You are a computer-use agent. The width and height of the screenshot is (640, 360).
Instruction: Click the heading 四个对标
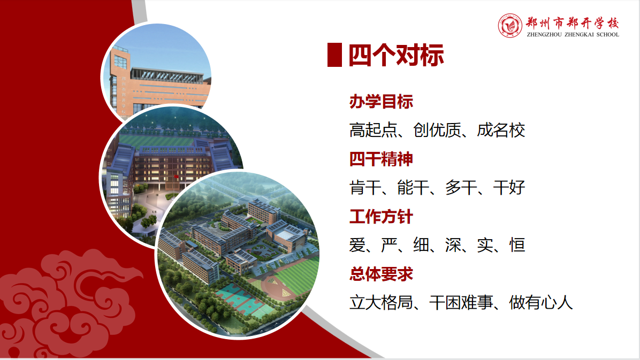(396, 55)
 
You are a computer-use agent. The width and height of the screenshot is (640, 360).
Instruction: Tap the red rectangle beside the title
(334, 55)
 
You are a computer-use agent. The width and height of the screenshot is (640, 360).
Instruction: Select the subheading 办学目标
(381, 102)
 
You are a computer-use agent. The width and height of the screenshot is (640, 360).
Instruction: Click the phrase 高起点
(373, 130)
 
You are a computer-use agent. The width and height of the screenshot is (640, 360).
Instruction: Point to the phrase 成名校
(501, 130)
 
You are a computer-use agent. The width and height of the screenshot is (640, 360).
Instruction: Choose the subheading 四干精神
(381, 159)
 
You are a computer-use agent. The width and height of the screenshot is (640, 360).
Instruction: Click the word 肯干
(365, 188)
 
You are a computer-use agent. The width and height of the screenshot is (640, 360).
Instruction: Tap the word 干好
(509, 188)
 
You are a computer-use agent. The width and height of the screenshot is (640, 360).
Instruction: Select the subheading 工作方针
(381, 217)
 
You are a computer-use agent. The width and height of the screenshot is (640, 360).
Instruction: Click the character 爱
(357, 246)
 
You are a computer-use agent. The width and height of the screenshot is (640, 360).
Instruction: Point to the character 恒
(517, 246)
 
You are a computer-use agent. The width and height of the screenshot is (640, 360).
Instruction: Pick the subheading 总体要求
(381, 274)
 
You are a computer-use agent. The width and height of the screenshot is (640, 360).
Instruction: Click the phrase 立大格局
(381, 303)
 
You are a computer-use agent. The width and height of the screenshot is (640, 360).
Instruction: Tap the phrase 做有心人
(541, 303)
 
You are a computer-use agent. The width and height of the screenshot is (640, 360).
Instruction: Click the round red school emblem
(510, 26)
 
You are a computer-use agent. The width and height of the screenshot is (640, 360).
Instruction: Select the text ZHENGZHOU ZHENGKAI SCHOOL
(573, 35)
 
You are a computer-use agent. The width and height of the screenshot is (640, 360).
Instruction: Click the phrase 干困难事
(461, 303)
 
